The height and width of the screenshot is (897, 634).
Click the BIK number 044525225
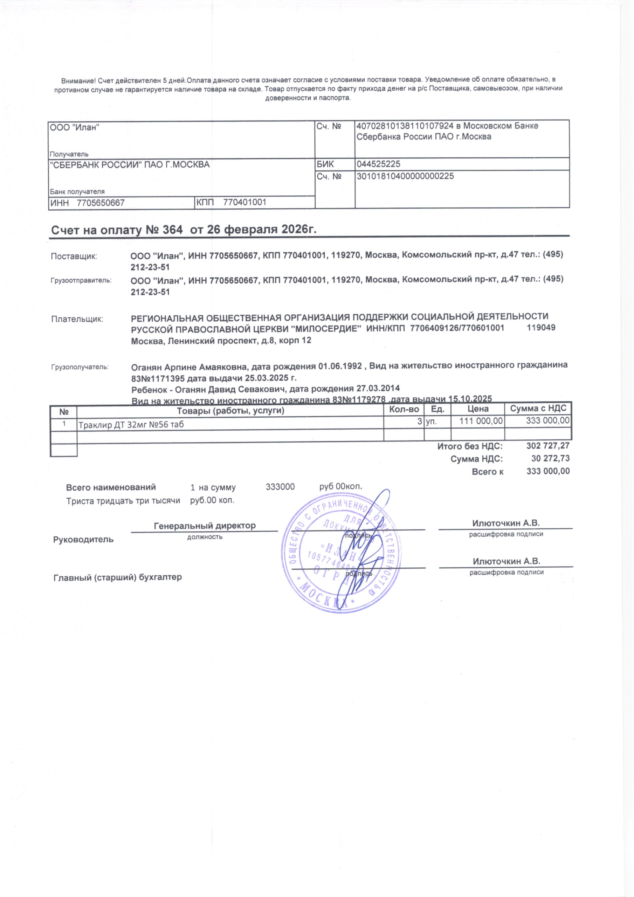coord(379,164)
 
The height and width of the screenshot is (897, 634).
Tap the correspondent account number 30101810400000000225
coord(405,176)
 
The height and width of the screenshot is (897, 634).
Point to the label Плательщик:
coord(77,319)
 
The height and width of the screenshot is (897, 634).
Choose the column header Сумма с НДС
coord(538,409)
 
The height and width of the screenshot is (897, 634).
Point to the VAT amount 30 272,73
coord(550,458)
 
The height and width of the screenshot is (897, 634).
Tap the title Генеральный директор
coord(205,526)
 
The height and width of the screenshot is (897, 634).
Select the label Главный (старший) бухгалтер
coord(118,577)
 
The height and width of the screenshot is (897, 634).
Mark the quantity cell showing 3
coord(420,421)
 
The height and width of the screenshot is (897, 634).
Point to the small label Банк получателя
coord(77,191)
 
